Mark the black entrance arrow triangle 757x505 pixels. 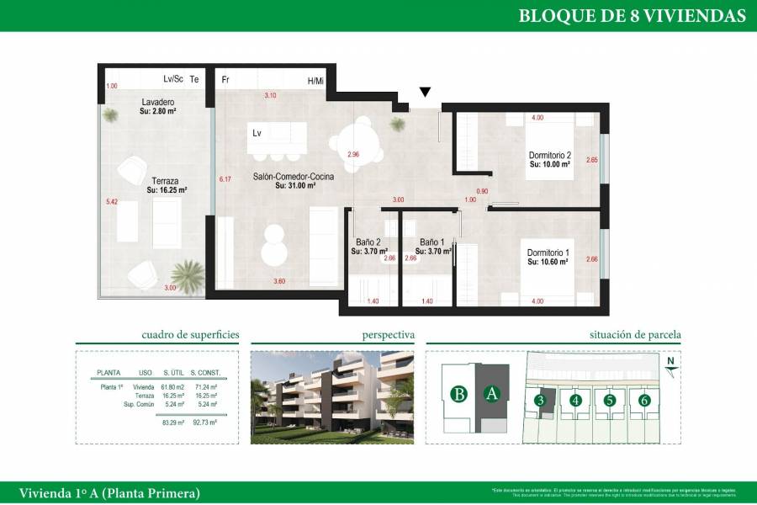tap(426, 92)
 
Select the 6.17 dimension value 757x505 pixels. tap(225, 179)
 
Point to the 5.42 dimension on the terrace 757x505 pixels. tap(112, 202)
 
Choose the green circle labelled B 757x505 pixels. tap(458, 393)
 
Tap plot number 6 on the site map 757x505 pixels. tap(644, 401)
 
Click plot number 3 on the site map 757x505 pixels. tap(541, 401)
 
